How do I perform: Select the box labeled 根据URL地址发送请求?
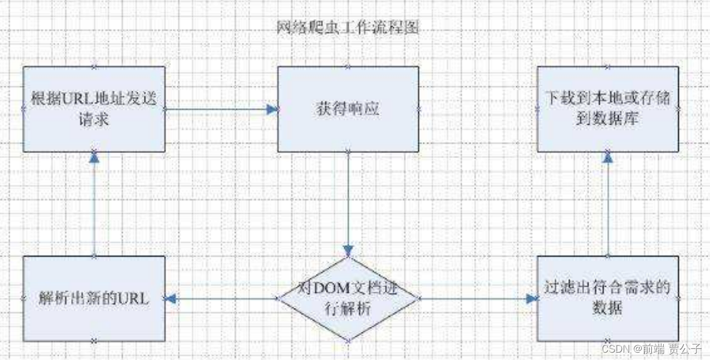click(94, 109)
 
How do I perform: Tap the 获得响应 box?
click(348, 109)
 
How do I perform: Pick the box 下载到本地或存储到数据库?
click(608, 109)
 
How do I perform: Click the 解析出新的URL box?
click(94, 298)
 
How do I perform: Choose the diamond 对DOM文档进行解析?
click(348, 298)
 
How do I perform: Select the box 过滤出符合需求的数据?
click(608, 298)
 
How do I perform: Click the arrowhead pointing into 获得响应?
click(273, 109)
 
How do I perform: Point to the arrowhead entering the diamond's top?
click(348, 251)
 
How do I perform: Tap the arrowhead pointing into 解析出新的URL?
click(170, 298)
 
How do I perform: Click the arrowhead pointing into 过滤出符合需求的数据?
click(532, 298)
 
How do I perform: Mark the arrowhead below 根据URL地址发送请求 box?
click(94, 157)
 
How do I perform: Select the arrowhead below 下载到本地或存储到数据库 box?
click(608, 157)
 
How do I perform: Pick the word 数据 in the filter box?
click(607, 309)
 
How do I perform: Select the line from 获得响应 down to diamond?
click(348, 197)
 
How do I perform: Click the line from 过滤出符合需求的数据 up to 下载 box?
click(608, 209)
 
